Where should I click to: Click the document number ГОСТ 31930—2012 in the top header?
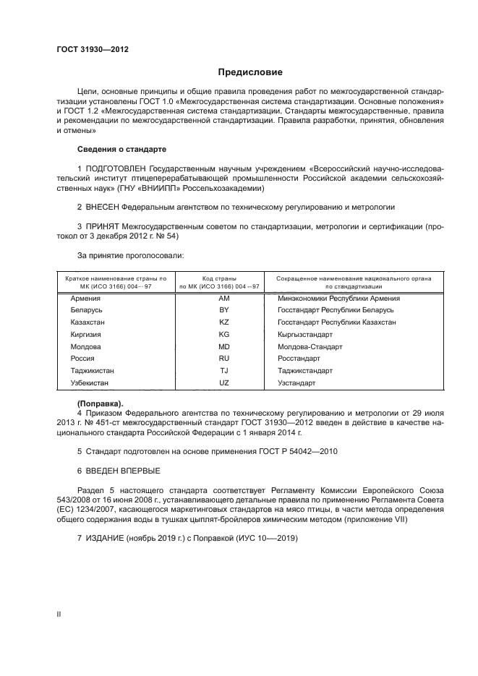(93, 50)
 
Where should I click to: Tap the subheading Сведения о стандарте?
(121, 149)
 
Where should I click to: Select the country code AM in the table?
(223, 298)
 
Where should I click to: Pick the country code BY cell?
(223, 309)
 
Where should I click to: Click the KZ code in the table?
(223, 322)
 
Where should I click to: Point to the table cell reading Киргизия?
(86, 335)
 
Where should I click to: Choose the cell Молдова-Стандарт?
(310, 347)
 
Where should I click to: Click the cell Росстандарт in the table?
(299, 359)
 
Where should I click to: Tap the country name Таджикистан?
(92, 370)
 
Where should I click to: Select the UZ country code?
(223, 382)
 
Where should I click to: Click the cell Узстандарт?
(296, 382)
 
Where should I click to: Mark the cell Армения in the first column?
(85, 298)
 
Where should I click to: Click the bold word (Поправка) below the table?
(101, 402)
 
